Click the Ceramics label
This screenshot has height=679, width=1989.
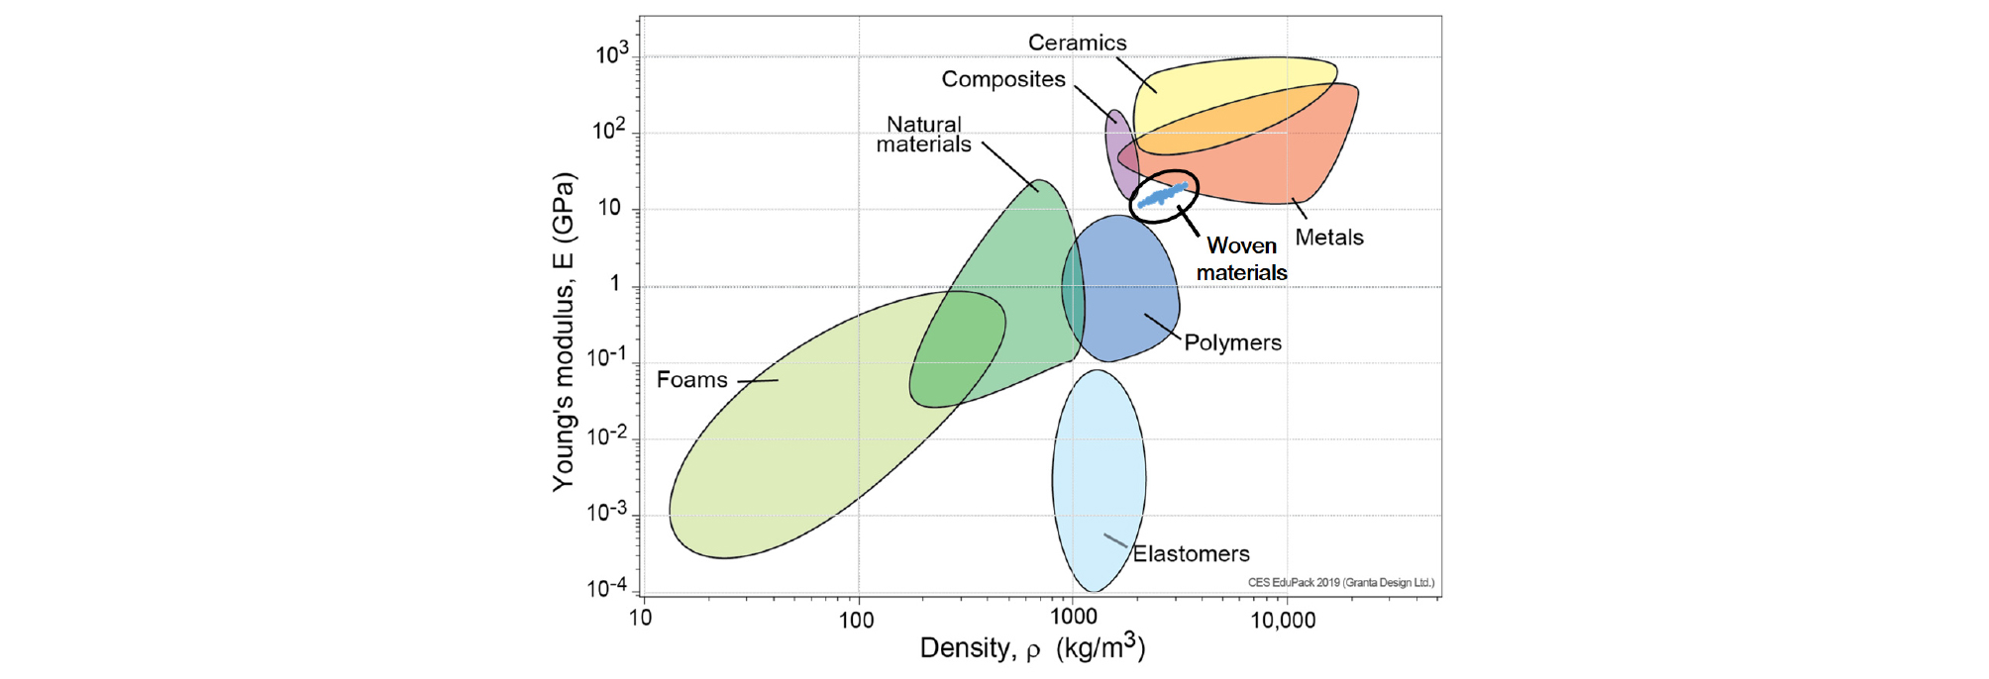point(1077,43)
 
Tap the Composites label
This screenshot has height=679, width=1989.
point(1002,79)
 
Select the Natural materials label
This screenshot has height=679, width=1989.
point(923,135)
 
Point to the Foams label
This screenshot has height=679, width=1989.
point(691,380)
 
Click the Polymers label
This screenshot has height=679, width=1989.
point(1232,342)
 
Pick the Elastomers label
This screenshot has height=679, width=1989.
point(1191,554)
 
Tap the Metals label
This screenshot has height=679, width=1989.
point(1329,238)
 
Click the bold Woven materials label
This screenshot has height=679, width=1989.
point(1241,259)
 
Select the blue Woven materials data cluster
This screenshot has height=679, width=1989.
point(1163,195)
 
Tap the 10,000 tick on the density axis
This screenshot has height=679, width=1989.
point(1283,621)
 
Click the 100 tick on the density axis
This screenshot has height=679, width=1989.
point(856,621)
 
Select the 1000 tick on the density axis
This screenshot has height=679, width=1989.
point(1073,618)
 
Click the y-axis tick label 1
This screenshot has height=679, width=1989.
point(615,284)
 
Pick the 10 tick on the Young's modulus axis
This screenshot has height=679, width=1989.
point(609,208)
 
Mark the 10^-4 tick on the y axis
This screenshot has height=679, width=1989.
point(606,588)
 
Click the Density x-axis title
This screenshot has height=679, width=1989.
point(1032,648)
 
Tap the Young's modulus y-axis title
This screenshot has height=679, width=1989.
point(564,332)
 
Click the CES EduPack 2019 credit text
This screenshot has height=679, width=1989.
point(1340,583)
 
